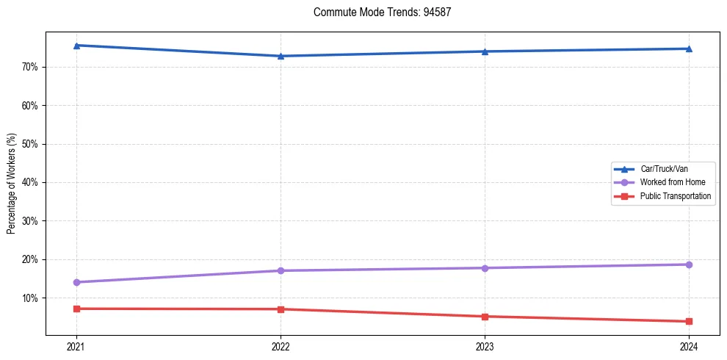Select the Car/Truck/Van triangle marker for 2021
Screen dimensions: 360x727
pos(76,46)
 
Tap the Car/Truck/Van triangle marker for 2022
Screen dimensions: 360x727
pos(281,56)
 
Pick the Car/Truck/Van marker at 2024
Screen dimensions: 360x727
pos(689,48)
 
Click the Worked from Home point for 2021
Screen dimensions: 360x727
pos(76,282)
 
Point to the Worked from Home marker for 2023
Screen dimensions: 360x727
pos(485,268)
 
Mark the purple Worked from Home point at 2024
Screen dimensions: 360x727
pos(689,264)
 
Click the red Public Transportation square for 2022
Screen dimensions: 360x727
pos(281,309)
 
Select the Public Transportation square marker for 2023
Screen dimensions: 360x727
pos(485,317)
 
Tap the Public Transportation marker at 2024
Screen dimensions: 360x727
pos(689,321)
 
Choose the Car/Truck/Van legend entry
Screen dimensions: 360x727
pos(664,169)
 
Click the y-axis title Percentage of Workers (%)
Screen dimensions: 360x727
pos(11,183)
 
